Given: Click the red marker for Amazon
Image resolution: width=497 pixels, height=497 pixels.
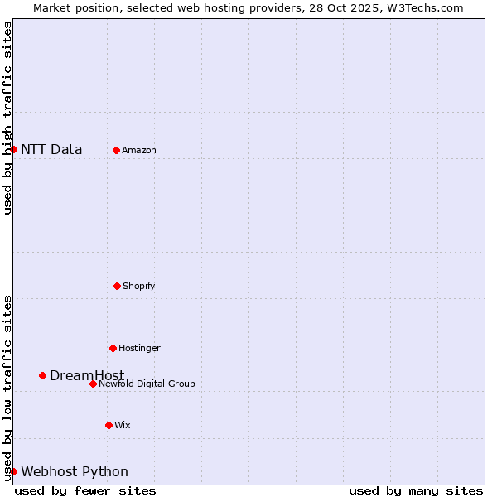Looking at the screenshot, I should point(116,150).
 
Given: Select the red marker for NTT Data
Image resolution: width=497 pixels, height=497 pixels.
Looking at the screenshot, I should point(14,149).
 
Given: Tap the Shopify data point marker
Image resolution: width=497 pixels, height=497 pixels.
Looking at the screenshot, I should point(117,286).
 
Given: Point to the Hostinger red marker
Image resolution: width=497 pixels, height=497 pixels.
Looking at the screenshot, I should point(113,348).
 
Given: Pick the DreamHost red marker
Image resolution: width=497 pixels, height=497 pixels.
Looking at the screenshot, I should point(42,375).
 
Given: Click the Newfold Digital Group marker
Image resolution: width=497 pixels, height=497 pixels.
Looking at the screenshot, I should point(93,384).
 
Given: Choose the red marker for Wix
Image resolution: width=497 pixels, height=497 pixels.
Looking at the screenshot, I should point(109,425).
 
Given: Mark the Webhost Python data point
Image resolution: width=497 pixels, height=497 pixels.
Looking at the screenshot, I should point(14,471).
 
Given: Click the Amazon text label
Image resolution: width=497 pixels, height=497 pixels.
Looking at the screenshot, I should point(139,150).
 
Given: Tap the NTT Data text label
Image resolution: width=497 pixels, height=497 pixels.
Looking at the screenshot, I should point(51,149).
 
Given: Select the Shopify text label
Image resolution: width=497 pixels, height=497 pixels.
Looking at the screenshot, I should point(139,286).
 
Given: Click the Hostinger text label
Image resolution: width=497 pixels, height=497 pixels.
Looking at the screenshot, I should point(139,348).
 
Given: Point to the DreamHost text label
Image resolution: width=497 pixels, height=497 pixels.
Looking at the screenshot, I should point(87,375).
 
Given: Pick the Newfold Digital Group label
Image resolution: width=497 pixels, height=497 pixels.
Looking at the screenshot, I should point(147,384).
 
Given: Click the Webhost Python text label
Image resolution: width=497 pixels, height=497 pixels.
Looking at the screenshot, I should point(75,471).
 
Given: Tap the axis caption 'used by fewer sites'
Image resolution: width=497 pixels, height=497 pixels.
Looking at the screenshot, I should point(85,490).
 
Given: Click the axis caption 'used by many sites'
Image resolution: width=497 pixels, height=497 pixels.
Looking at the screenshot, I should point(416,490).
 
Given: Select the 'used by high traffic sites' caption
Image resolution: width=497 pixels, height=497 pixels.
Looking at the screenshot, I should point(7,118).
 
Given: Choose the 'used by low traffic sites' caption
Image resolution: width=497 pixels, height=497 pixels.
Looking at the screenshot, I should point(7,388).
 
